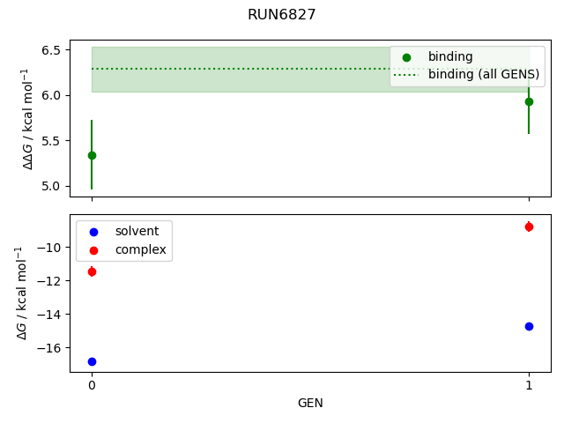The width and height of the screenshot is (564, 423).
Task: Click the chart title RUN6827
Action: [282, 15]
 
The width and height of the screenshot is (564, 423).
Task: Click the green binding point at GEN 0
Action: [92, 155]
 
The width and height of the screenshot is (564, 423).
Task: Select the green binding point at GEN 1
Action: [529, 101]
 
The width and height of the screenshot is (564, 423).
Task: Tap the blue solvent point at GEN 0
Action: [92, 361]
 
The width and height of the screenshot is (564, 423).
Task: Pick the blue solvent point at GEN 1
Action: [529, 326]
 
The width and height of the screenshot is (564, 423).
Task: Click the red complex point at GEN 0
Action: [92, 271]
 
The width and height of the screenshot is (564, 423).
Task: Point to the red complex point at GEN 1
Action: [529, 226]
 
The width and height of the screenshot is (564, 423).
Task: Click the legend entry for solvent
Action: [132, 231]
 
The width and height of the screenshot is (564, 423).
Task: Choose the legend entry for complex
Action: [135, 250]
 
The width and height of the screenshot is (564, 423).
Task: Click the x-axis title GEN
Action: [310, 404]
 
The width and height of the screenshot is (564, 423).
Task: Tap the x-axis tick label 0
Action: [92, 385]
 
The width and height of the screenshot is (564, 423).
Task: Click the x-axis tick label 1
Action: [529, 385]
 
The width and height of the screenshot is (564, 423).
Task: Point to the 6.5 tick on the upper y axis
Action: [51, 49]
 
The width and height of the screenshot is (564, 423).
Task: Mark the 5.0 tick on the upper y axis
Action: [51, 186]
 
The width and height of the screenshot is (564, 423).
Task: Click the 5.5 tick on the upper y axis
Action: [51, 140]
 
